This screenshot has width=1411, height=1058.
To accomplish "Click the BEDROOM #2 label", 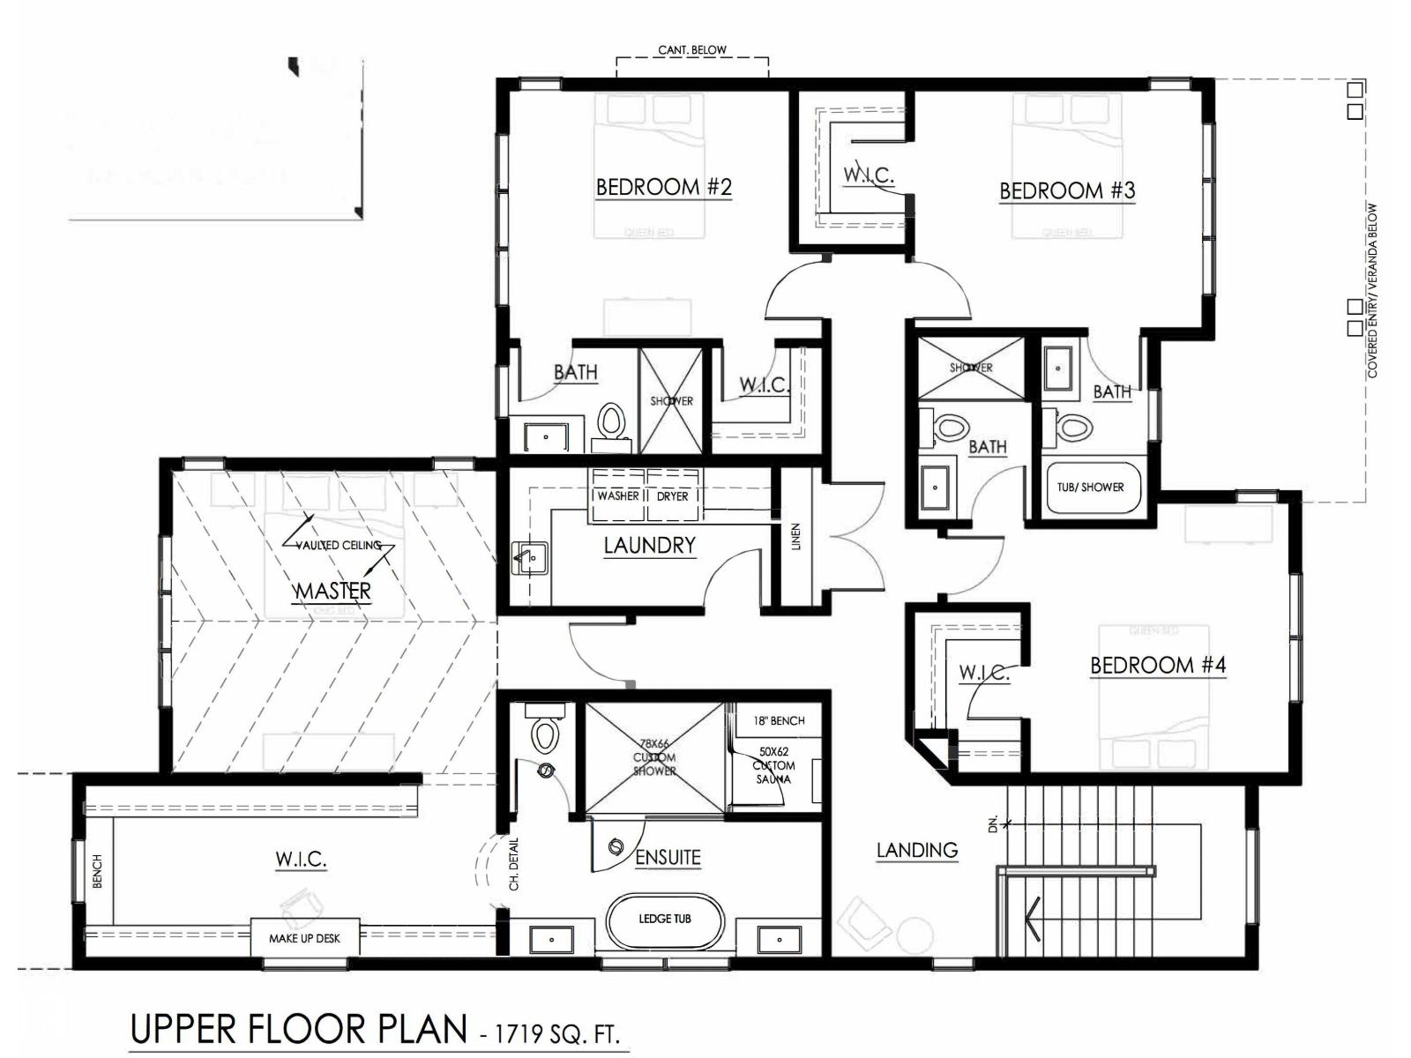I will click(x=663, y=187).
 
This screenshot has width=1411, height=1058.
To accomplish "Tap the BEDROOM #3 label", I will click(x=1067, y=190).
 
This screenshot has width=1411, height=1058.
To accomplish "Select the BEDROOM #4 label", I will click(x=1158, y=665).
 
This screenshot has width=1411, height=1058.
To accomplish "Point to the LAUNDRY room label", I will click(x=650, y=546).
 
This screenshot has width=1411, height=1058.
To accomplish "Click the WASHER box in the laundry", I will click(x=617, y=496).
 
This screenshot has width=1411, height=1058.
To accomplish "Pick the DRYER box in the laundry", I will click(x=672, y=496).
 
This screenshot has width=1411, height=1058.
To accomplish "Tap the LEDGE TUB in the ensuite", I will click(x=665, y=919).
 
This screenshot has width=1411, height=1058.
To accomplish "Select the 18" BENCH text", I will click(x=779, y=720).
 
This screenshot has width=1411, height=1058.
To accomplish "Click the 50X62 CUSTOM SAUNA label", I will click(x=773, y=766).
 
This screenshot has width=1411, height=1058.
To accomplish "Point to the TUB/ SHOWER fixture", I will click(x=1090, y=487).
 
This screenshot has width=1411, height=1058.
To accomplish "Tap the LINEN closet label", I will click(x=796, y=536).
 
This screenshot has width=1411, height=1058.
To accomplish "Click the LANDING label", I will click(x=917, y=850).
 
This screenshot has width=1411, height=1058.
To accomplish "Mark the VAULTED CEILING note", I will click(x=339, y=545).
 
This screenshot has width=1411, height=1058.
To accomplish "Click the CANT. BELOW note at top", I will click(x=692, y=50).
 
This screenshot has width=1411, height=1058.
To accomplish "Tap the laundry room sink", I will click(x=530, y=558).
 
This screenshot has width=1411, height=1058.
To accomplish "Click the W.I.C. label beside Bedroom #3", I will click(x=869, y=175).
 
